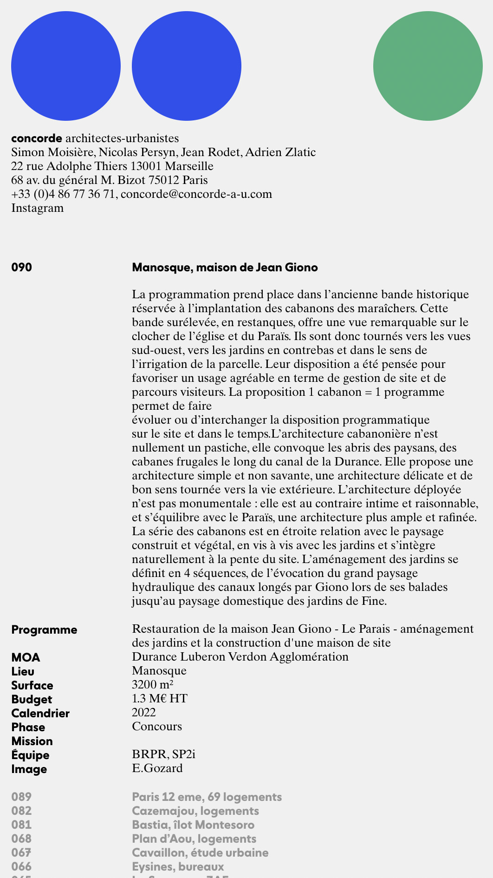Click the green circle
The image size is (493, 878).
pyautogui.click(x=428, y=66)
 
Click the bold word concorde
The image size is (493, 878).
pyautogui.click(x=37, y=138)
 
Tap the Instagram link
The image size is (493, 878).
pyautogui.click(x=38, y=208)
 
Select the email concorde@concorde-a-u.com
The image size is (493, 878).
pyautogui.click(x=196, y=194)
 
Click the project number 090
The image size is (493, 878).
pyautogui.click(x=22, y=267)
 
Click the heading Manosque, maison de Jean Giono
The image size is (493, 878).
pyautogui.click(x=225, y=267)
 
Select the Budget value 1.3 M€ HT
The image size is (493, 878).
pyautogui.click(x=160, y=698)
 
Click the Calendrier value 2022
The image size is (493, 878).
pyautogui.click(x=144, y=712)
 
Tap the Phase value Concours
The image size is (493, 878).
pyautogui.click(x=157, y=726)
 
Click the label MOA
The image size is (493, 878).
pyautogui.click(x=26, y=657)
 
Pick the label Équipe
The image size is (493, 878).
pyautogui.click(x=31, y=755)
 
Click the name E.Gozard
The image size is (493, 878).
pyautogui.click(x=157, y=768)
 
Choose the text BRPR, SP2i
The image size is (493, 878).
pyautogui.click(x=163, y=754)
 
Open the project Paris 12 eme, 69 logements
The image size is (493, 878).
pyautogui.click(x=207, y=797)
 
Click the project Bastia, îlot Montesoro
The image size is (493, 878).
pyautogui.click(x=193, y=825)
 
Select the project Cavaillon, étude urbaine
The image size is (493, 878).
pyautogui.click(x=200, y=852)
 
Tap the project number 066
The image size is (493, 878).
pyautogui.click(x=22, y=866)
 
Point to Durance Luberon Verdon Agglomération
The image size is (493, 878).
pyautogui.click(x=240, y=656)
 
